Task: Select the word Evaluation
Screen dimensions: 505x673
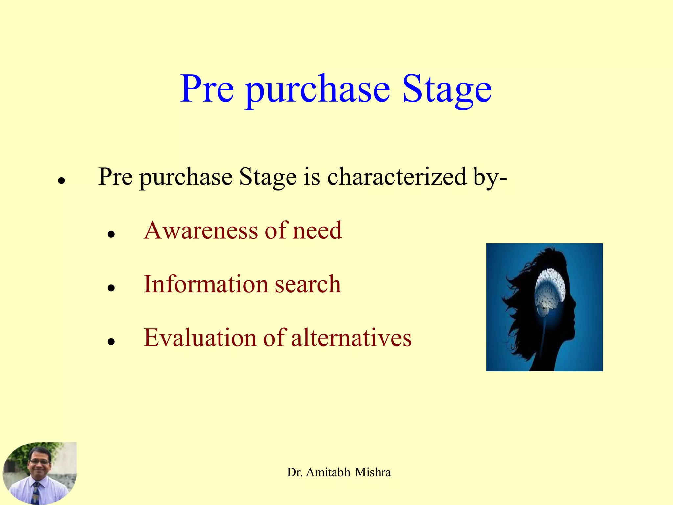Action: tap(200, 338)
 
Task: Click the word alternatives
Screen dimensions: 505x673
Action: tap(351, 338)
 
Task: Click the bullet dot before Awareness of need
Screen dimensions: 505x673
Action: tap(111, 234)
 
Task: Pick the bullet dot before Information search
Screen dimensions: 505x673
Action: tap(111, 288)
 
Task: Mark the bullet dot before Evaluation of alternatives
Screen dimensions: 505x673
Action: tap(111, 342)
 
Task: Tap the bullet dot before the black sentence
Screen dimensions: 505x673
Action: tap(61, 181)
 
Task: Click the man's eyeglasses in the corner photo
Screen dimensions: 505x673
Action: tap(39, 462)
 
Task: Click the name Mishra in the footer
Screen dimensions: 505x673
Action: tap(373, 472)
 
